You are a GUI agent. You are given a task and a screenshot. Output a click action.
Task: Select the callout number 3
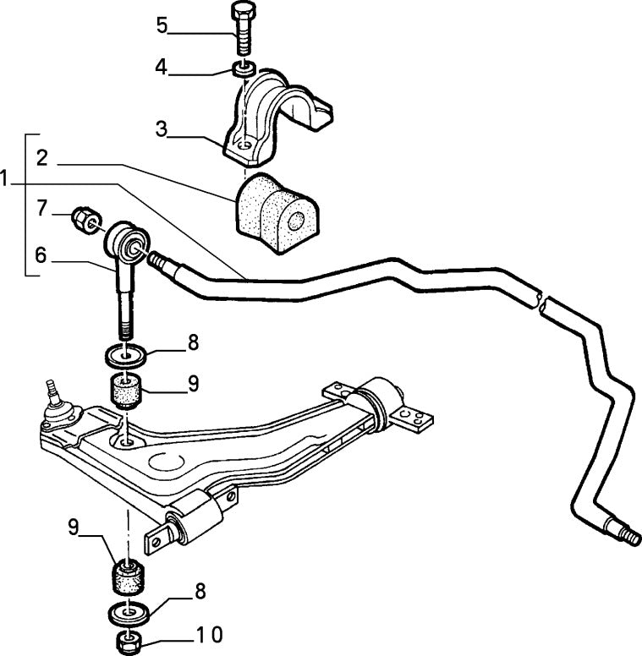point(161,129)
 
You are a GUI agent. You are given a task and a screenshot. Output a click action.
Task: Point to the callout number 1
point(7,178)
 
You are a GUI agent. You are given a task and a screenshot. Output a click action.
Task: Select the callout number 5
point(162,25)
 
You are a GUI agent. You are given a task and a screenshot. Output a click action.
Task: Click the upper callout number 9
point(193,383)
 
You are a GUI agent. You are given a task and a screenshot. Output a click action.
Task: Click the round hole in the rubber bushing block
point(296,222)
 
